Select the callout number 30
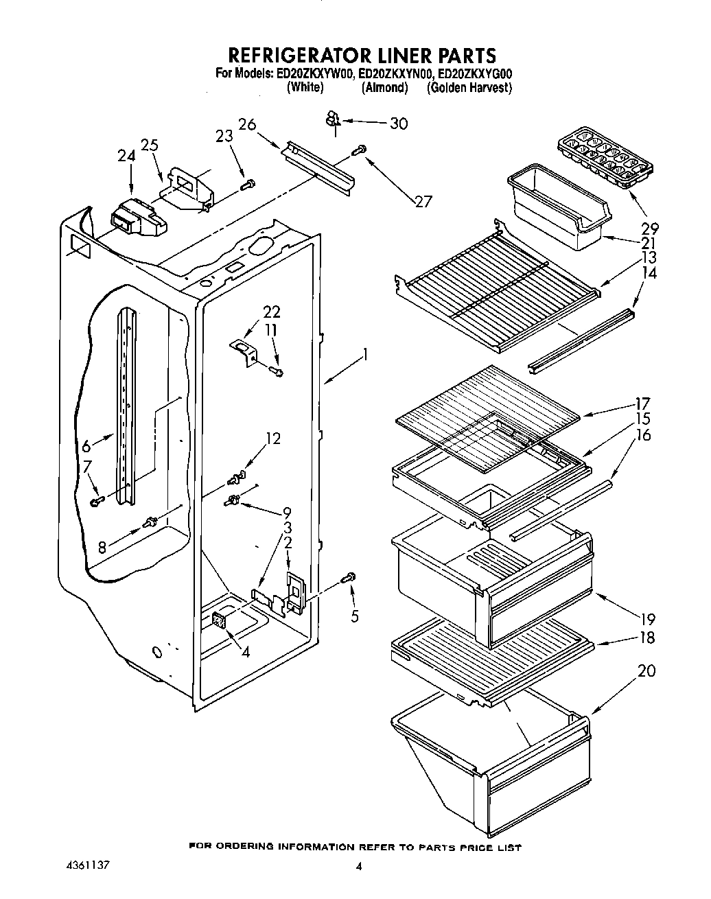(398, 124)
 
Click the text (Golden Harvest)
(469, 87)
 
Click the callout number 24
(126, 156)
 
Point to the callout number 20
(646, 670)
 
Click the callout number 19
(646, 618)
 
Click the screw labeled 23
(249, 183)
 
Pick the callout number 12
(273, 438)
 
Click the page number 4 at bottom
(358, 866)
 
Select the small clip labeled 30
(333, 121)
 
